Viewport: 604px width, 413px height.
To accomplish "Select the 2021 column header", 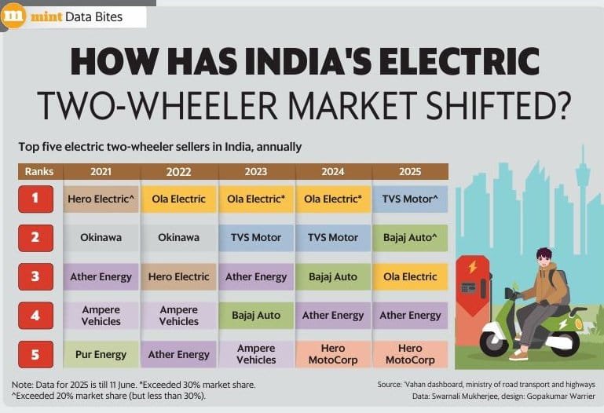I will coord(101,171).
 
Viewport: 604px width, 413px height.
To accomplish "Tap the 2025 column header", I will coord(410,171).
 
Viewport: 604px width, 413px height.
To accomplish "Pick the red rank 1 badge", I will coord(36,199).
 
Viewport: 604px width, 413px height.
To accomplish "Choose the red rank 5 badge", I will coord(36,354).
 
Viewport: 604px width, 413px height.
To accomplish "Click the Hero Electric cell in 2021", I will coord(101,199).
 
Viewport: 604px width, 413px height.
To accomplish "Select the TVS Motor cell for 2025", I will coord(410,199).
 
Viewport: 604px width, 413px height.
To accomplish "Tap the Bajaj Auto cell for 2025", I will coord(410,237).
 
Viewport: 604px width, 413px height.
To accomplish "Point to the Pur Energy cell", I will coord(101,354).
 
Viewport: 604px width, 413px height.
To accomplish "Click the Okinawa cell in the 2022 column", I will coord(179,237).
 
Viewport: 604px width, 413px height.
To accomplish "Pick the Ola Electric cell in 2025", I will coord(410,276).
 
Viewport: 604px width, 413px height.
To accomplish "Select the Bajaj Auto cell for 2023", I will coord(255,315).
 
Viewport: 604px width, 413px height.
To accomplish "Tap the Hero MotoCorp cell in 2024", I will coord(333,354).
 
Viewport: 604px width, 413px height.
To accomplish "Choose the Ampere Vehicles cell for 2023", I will coord(255,354).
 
